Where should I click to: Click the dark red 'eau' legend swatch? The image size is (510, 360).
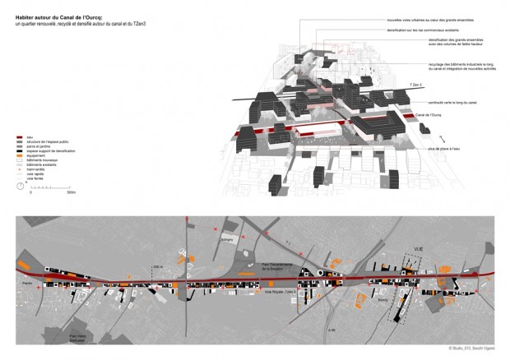pos(20,136)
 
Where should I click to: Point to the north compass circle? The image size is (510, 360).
pos(20,187)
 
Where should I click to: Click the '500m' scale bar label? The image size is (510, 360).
pos(72,193)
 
